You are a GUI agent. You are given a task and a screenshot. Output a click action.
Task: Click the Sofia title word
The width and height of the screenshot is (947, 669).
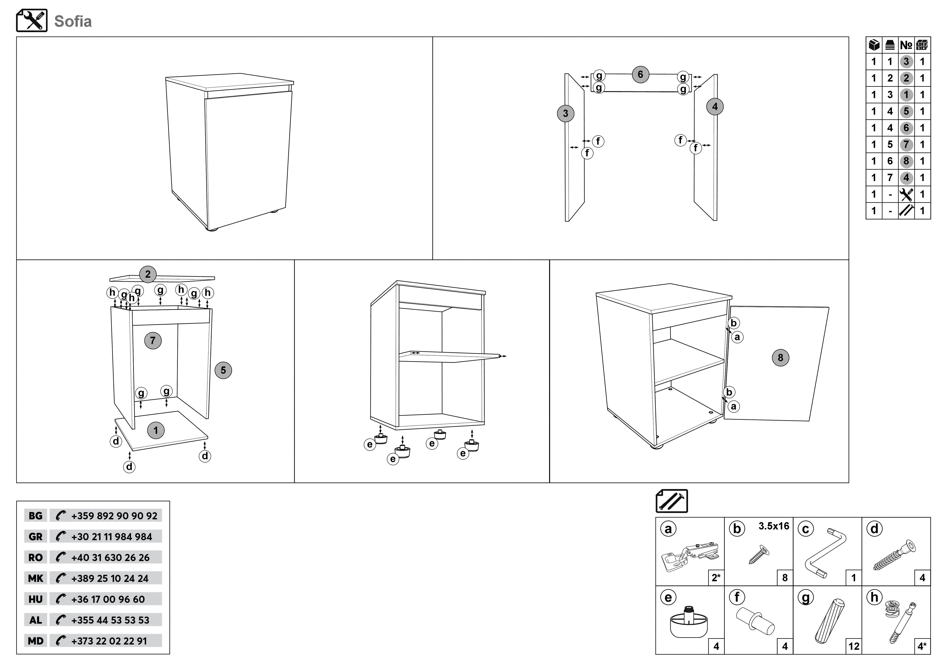(x=73, y=21)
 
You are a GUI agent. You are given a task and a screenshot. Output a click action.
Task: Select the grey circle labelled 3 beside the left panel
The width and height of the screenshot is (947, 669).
(x=566, y=113)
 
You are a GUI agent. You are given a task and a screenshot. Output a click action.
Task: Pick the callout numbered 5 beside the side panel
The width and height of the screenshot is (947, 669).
(x=223, y=370)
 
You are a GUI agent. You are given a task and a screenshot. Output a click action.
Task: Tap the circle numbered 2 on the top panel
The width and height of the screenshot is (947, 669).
(x=148, y=274)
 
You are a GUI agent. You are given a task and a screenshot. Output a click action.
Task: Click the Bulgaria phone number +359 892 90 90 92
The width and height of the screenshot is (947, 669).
(x=114, y=516)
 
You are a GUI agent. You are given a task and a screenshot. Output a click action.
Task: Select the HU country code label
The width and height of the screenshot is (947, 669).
(x=35, y=599)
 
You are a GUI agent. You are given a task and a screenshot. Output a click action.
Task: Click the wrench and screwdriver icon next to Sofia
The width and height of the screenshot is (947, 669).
(x=32, y=21)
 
